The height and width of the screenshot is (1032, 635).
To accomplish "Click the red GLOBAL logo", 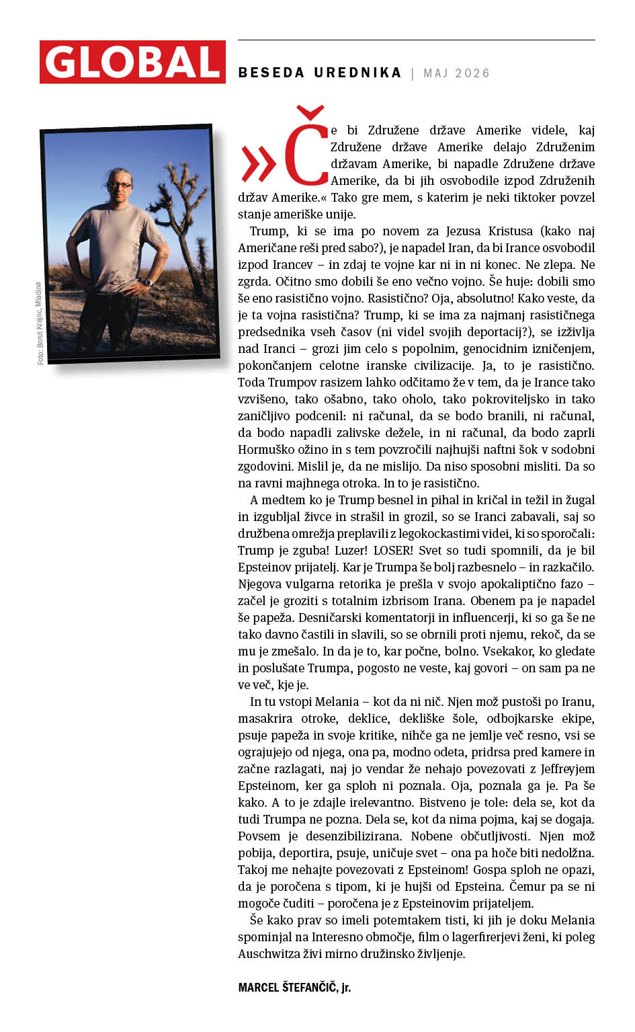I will point(132,62).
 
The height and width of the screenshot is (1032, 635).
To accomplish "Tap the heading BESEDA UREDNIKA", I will point(319,73).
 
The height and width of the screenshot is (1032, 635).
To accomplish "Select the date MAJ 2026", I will point(456,73).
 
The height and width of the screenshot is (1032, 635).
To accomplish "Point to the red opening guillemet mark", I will point(258,163).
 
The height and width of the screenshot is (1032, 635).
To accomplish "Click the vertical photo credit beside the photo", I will point(39,323).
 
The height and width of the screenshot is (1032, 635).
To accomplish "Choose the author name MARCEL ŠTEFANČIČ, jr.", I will point(294,987).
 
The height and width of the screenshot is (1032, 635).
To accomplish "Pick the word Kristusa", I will point(507,231).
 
